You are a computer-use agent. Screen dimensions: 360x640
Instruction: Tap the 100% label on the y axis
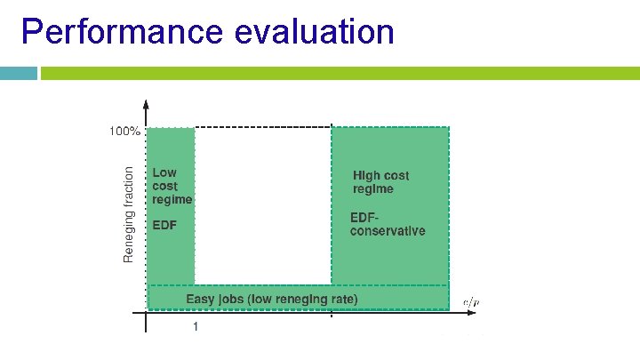pyautogui.click(x=124, y=131)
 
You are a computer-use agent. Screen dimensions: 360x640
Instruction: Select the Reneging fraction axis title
pyautogui.click(x=129, y=214)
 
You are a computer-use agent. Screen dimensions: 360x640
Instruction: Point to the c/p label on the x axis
pyautogui.click(x=470, y=302)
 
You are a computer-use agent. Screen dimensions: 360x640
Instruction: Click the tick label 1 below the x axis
pyautogui.click(x=195, y=326)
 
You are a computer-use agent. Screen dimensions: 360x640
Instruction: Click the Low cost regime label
pyautogui.click(x=172, y=186)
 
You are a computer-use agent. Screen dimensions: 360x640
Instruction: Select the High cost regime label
pyautogui.click(x=381, y=182)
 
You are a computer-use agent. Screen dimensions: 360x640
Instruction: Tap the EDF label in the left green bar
pyautogui.click(x=165, y=225)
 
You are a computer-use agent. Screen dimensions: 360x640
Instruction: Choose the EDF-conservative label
pyautogui.click(x=388, y=224)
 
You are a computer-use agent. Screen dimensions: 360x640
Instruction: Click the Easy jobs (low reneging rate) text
pyautogui.click(x=272, y=299)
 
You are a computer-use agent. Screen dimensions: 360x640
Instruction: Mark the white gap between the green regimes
pyautogui.click(x=262, y=204)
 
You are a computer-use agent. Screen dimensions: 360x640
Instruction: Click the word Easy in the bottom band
pyautogui.click(x=200, y=299)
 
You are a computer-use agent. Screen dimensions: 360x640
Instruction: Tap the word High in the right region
pyautogui.click(x=368, y=176)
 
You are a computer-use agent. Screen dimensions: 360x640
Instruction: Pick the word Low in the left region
pyautogui.click(x=164, y=172)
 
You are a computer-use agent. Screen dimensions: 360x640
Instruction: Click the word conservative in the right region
pyautogui.click(x=388, y=231)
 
